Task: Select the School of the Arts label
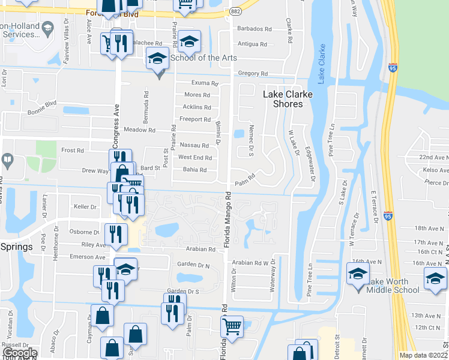203,58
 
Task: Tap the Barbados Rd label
255,29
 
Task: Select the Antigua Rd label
252,44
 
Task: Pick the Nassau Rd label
196,145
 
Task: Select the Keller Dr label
85,207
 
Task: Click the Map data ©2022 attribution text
423,355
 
